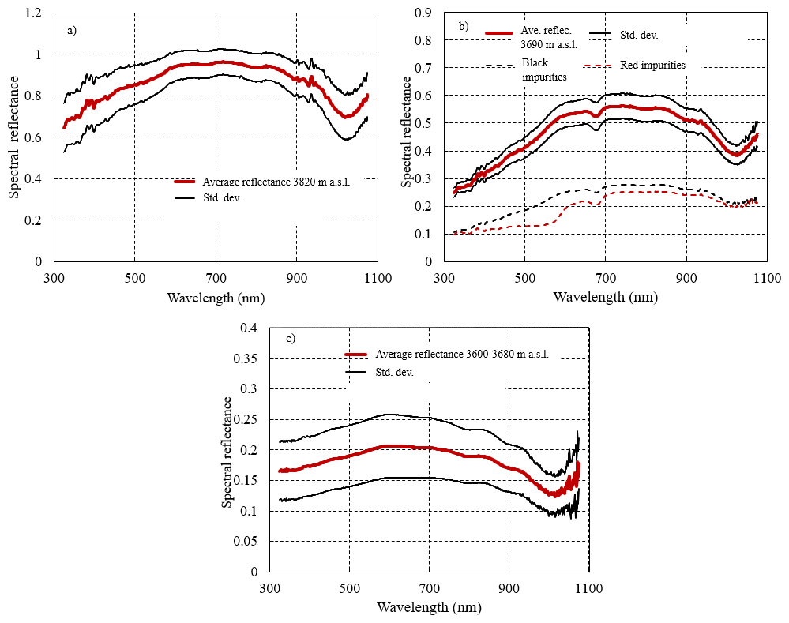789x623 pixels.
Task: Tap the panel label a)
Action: (x=72, y=31)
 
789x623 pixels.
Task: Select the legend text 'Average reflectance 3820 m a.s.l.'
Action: (x=276, y=182)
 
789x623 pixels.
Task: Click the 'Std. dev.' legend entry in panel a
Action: (x=223, y=197)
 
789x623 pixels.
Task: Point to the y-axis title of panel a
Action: (x=13, y=137)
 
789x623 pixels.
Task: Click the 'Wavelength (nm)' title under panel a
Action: (x=216, y=298)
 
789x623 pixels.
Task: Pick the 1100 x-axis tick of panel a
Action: (x=378, y=278)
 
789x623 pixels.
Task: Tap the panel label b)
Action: (x=464, y=27)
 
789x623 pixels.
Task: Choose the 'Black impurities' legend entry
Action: (x=544, y=70)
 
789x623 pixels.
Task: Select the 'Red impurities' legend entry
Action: (x=652, y=66)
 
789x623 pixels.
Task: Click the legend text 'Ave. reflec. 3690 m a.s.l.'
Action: (x=549, y=38)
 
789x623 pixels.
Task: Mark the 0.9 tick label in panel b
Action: (x=423, y=13)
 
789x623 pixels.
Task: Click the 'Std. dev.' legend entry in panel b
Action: (x=639, y=36)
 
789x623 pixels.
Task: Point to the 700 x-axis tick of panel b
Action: (x=605, y=278)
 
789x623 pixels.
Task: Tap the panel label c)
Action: (x=291, y=339)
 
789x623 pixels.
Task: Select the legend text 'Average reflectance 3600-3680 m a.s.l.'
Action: (x=462, y=355)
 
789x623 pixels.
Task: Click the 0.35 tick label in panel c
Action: (x=246, y=358)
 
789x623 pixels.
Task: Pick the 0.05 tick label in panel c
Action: (x=246, y=542)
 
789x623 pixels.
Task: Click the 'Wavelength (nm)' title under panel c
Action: (x=429, y=607)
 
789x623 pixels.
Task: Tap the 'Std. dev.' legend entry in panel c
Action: (x=395, y=373)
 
